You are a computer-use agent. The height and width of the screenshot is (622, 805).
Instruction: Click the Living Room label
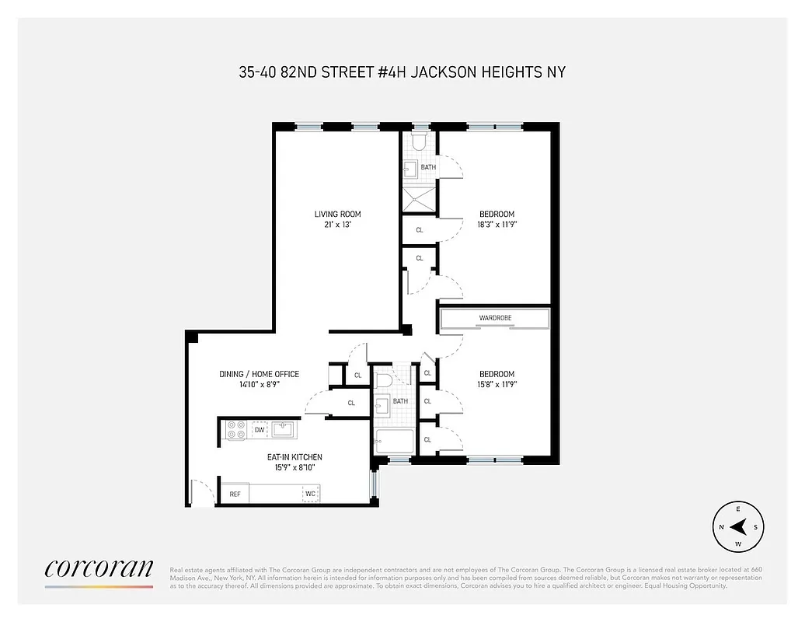coord(337,215)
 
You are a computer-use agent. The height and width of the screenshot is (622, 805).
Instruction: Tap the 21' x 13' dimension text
coord(337,225)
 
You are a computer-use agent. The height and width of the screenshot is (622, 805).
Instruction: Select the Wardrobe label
coord(495,318)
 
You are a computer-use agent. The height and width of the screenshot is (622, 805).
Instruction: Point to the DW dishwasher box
coord(259,430)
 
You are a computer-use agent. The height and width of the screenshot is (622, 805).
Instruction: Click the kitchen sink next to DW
coord(282,430)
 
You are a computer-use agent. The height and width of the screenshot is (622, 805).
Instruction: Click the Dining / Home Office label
coord(259,374)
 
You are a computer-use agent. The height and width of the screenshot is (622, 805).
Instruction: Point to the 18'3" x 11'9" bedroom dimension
coord(497,225)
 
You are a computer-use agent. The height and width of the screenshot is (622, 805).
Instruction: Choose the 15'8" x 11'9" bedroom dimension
coord(497,384)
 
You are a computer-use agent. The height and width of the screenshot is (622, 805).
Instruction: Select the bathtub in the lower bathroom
coord(396,442)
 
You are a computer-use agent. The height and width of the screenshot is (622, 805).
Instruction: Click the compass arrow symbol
coord(737,527)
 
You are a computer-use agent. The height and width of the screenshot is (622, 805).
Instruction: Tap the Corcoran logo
coord(99,569)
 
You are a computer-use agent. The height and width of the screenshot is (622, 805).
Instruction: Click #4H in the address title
coord(389,72)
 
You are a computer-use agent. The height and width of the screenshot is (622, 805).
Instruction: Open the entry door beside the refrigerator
coord(202,493)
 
